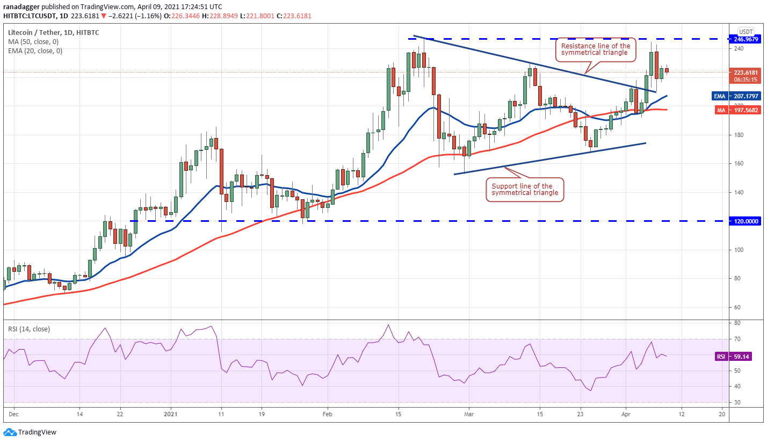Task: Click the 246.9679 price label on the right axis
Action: pyautogui.click(x=746, y=39)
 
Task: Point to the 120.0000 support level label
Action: pyautogui.click(x=746, y=221)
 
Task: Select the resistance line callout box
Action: pyautogui.click(x=595, y=49)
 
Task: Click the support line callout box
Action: pyautogui.click(x=525, y=190)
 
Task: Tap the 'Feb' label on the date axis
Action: pyautogui.click(x=327, y=414)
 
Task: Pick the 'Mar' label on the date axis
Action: pyautogui.click(x=469, y=414)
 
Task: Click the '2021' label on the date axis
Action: pyautogui.click(x=170, y=414)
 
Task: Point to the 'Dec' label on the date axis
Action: pyautogui.click(x=14, y=414)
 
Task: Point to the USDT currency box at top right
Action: pyautogui.click(x=746, y=31)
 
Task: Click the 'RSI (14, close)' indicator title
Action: pyautogui.click(x=28, y=329)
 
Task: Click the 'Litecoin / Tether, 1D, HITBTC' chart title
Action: pyautogui.click(x=53, y=32)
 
